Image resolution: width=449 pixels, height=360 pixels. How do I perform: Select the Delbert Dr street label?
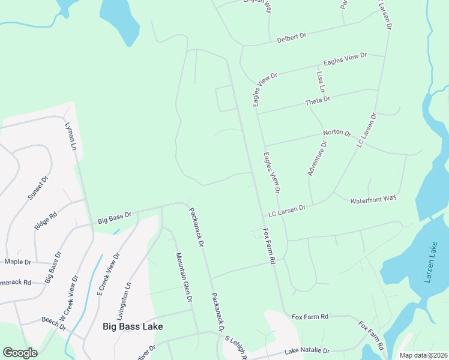(292, 37)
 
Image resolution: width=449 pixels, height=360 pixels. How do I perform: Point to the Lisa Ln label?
(321, 82)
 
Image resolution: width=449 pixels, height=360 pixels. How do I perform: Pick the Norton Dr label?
(336, 133)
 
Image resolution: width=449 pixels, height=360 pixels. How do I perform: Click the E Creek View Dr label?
(109, 274)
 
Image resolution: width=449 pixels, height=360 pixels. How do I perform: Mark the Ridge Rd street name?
(46, 220)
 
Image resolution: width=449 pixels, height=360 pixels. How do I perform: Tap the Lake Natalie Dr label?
(307, 350)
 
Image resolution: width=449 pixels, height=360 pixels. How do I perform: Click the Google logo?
(20, 353)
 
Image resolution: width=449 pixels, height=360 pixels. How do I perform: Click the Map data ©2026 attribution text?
(423, 355)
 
